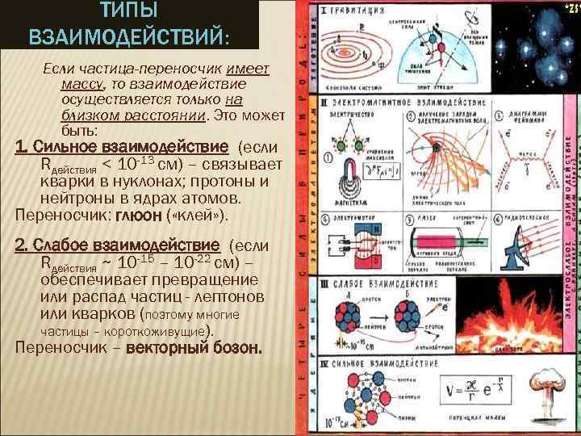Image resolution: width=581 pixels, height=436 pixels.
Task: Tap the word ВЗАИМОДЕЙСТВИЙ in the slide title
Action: point(127,37)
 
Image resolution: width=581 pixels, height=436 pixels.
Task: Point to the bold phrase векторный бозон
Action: point(194,349)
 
